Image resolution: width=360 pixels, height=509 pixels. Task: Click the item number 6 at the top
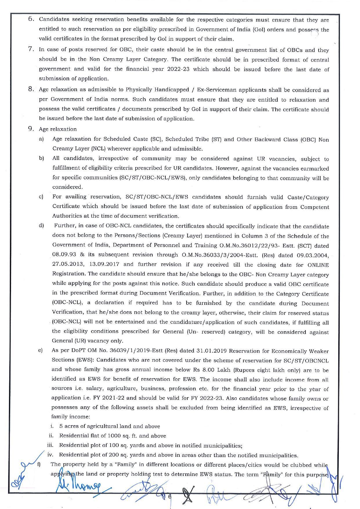31,19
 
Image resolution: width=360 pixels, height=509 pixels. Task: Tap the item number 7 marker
31,49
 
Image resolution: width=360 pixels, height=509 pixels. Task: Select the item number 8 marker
31,89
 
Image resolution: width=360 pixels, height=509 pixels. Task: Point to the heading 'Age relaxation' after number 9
58,129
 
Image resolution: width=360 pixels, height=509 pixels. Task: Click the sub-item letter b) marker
41,158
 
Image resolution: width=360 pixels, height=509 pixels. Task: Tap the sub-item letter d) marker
41,226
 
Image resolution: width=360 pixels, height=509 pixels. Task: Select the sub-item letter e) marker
41,350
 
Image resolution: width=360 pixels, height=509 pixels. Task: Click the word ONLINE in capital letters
318,265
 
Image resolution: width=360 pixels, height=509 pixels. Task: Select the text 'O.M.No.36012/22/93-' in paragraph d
244,245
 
